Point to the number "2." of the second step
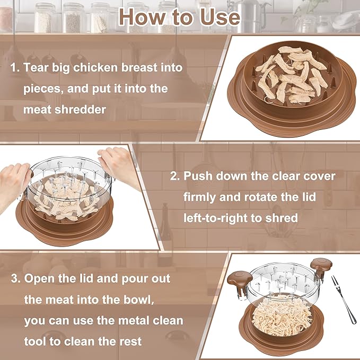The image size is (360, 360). [176, 176]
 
